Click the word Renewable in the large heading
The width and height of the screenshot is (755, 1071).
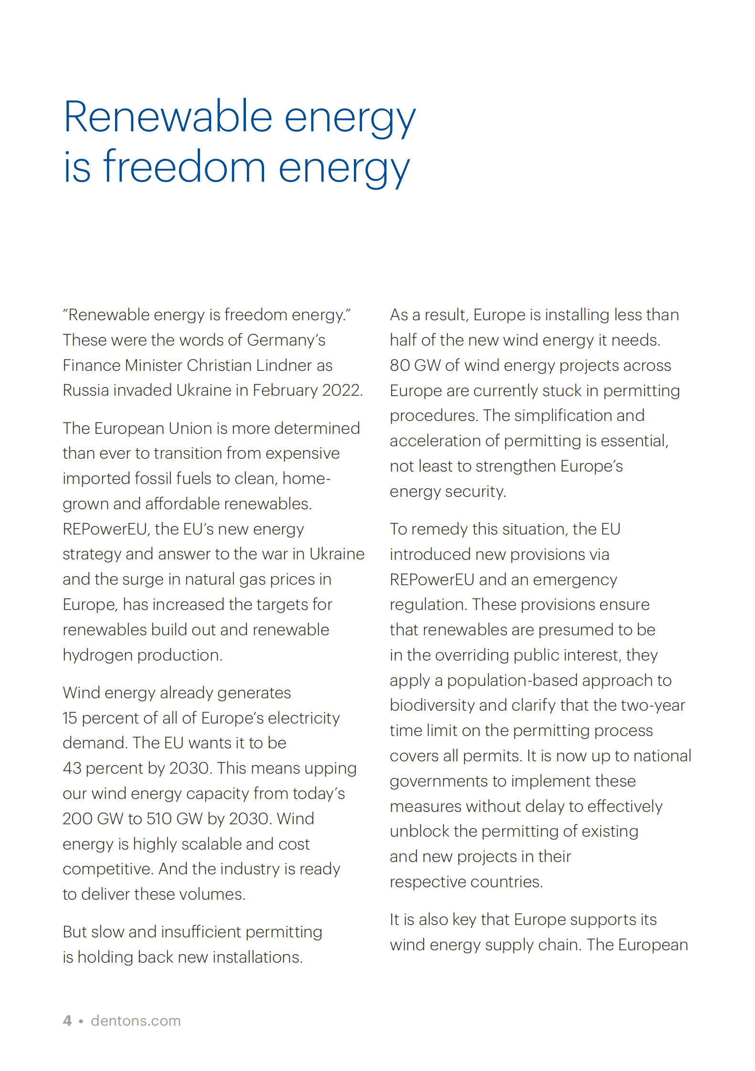tap(168, 117)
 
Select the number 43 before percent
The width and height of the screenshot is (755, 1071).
tap(72, 768)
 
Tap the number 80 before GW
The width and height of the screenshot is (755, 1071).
tap(400, 366)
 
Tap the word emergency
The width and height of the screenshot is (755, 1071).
tap(574, 580)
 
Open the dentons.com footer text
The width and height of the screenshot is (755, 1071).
tap(136, 1021)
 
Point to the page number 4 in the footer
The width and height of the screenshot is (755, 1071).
tap(67, 1021)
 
